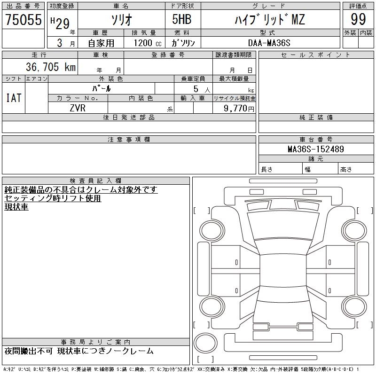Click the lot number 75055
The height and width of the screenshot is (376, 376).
23,19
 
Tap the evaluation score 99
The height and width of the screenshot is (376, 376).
358,19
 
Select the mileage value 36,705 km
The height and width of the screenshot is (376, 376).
51,67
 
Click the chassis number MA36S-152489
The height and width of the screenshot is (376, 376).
316,149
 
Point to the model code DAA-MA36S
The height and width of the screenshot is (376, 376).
269,43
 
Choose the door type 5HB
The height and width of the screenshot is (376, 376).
182,19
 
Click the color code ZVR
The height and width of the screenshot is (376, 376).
78,108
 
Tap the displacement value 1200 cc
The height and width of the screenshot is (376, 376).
148,43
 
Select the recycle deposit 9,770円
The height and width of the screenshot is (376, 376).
239,109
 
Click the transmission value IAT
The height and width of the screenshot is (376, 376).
14,98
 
